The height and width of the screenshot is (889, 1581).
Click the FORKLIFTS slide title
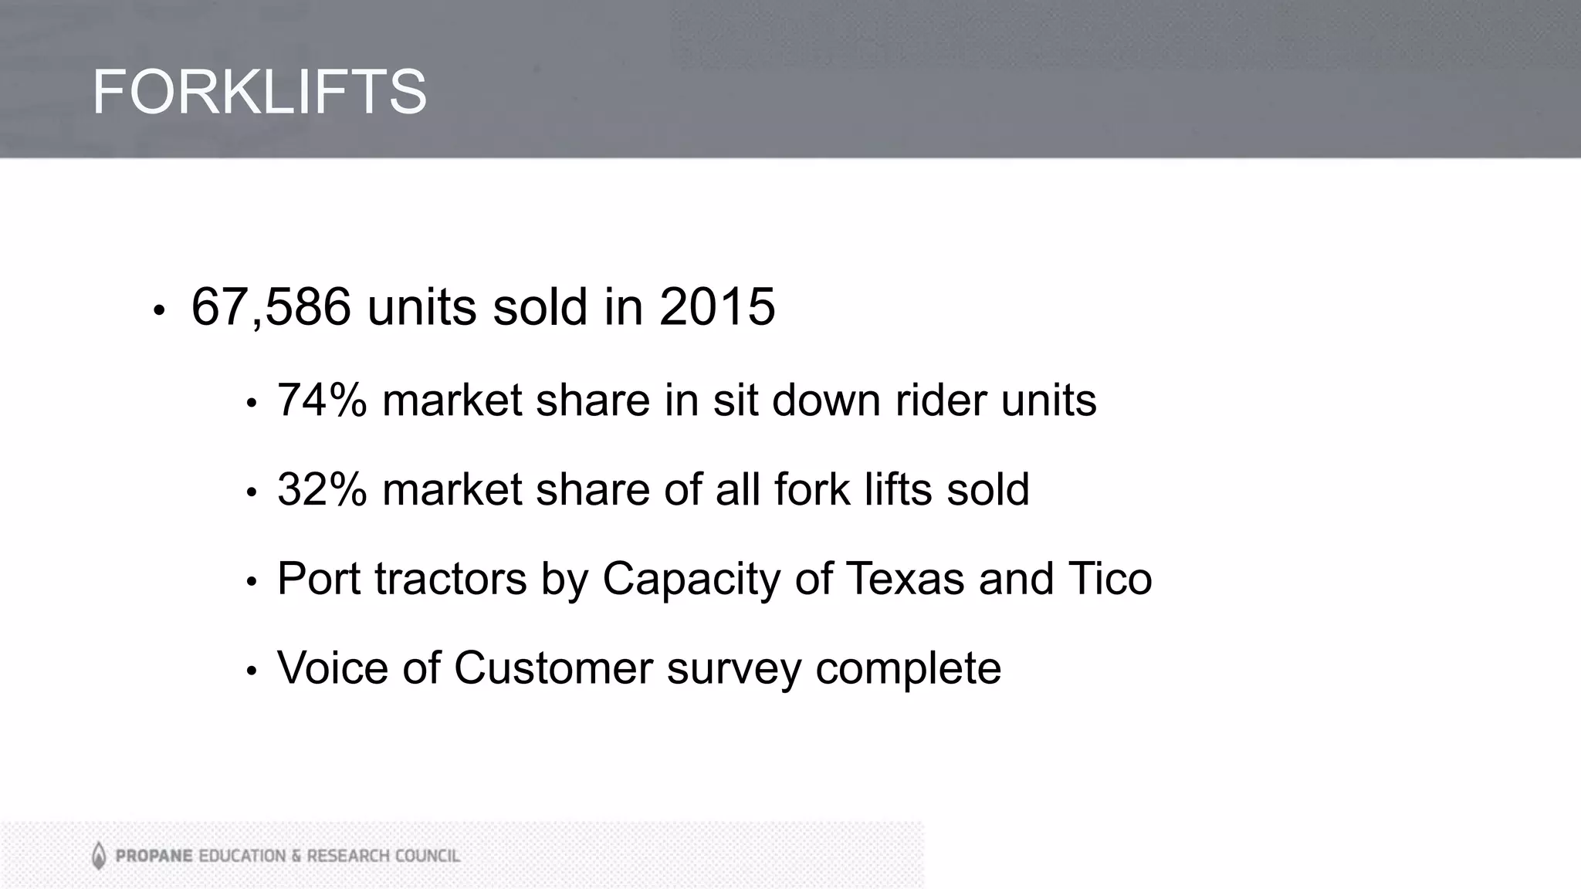click(259, 92)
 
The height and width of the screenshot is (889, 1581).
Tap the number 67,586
click(271, 307)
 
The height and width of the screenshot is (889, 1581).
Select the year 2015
click(717, 307)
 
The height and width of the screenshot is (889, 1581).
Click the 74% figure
click(322, 401)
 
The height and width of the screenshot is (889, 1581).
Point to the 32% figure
click(322, 489)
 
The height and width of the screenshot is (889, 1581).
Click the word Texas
click(906, 578)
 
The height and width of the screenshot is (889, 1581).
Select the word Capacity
click(691, 580)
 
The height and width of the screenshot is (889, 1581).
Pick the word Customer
click(553, 668)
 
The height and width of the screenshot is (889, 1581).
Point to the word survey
click(734, 669)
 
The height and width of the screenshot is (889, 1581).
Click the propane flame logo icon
click(99, 855)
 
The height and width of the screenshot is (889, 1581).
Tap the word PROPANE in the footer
click(154, 856)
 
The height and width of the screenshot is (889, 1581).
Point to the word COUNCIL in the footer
click(428, 856)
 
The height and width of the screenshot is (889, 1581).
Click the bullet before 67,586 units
click(159, 311)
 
